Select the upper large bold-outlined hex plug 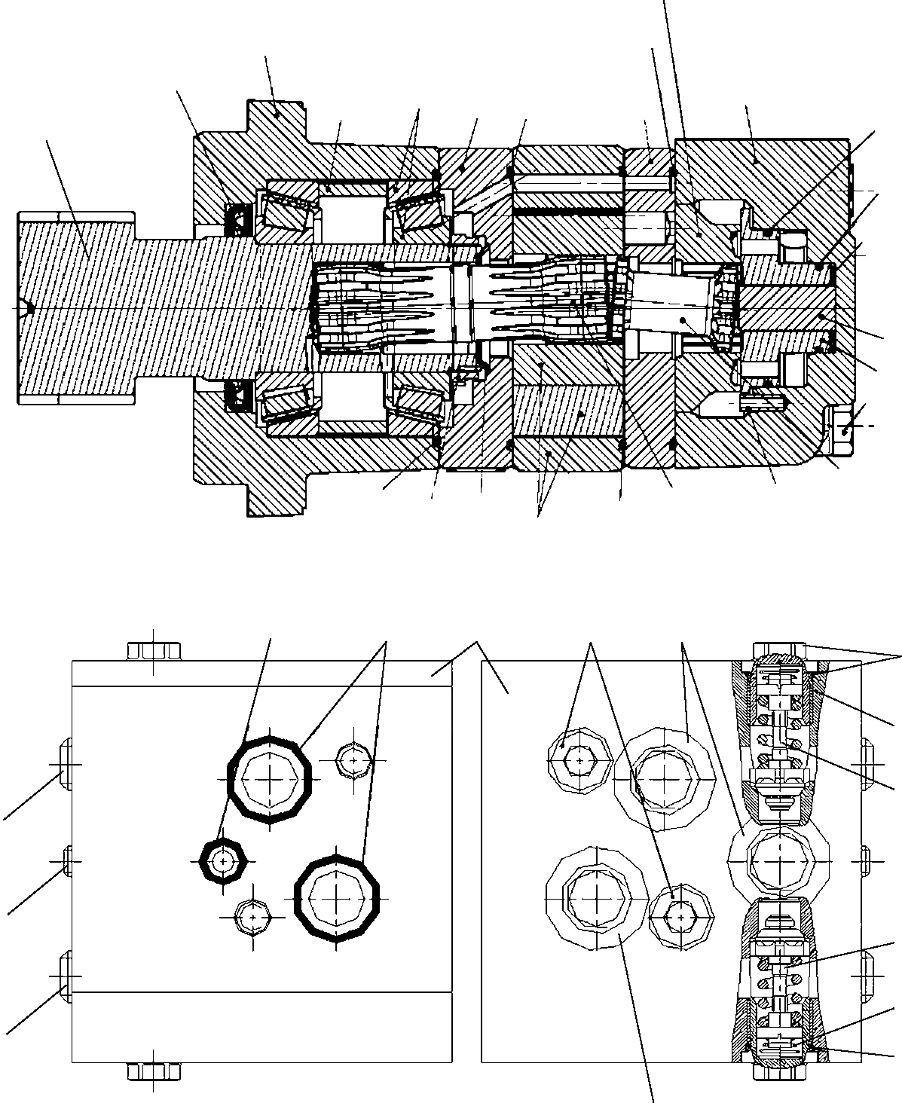pos(270,779)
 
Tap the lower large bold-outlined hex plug pos(336,897)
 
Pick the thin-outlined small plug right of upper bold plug pos(354,761)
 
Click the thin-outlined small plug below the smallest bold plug pos(253,917)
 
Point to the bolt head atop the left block pos(154,650)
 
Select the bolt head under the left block pos(154,1070)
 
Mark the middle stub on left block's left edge pos(68,862)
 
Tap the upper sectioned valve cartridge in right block pos(780,742)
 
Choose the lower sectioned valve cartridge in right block pos(780,979)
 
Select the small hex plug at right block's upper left pos(578,761)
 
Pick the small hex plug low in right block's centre pos(680,915)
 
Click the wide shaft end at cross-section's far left pos(75,308)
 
